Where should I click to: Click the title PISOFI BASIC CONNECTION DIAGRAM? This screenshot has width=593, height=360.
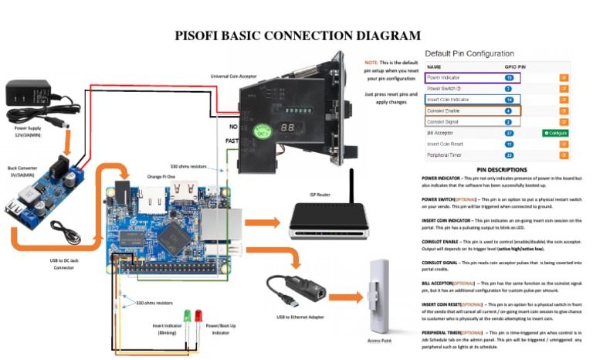(297, 36)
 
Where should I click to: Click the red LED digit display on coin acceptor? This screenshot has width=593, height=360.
(287, 127)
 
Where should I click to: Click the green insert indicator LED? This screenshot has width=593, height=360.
(187, 316)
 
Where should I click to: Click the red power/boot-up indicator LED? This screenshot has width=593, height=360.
(198, 316)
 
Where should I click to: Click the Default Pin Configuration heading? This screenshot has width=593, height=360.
(469, 53)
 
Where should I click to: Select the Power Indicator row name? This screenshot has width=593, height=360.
(446, 78)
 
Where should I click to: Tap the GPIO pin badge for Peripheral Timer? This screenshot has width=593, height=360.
(508, 155)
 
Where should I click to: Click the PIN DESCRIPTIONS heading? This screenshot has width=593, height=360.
(502, 169)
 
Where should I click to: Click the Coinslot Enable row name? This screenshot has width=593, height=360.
(444, 111)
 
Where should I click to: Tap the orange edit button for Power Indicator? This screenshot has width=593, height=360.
(564, 78)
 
